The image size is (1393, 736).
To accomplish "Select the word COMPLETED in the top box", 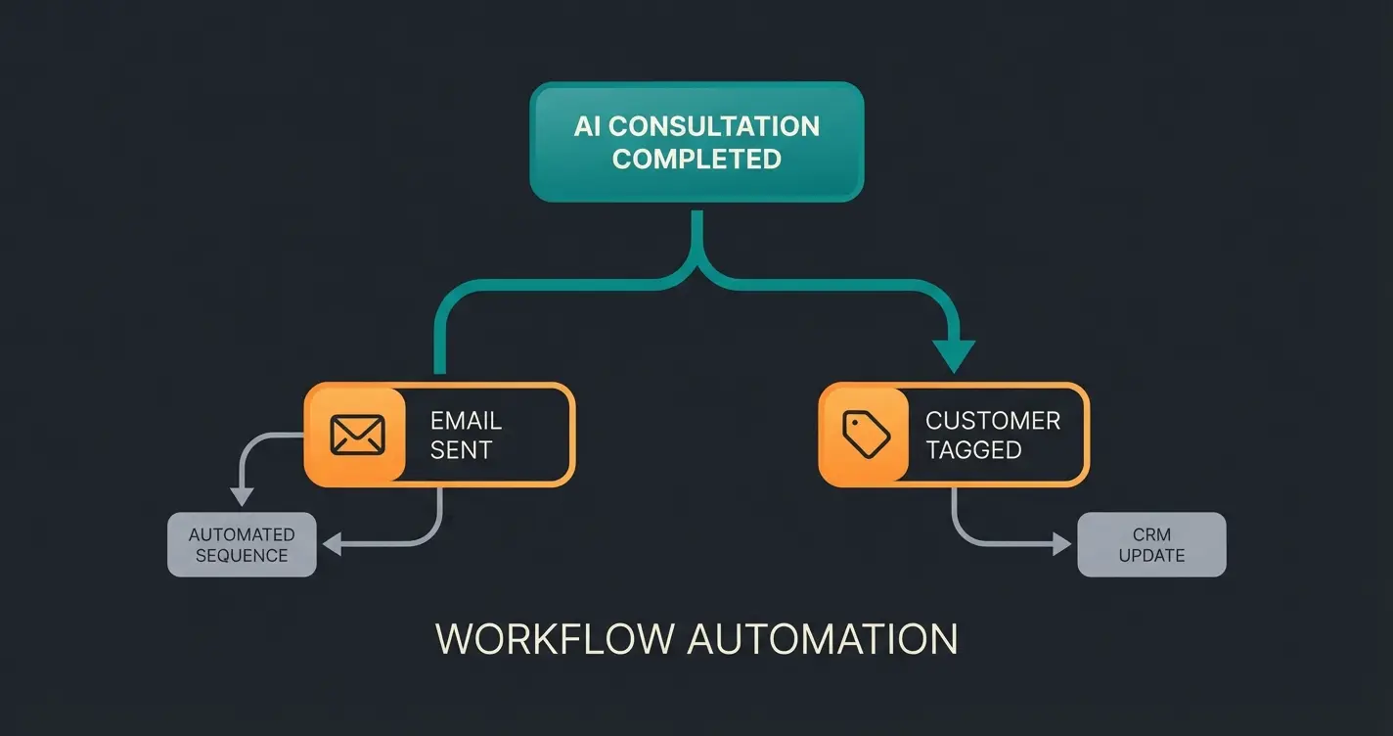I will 696,159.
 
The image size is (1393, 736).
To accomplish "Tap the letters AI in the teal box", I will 587,126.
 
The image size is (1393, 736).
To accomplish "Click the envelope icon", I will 357,435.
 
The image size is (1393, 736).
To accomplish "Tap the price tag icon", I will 867,435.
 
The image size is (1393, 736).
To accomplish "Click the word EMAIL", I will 466,421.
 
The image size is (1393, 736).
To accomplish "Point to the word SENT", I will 461,450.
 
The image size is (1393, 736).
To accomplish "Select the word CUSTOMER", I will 993,421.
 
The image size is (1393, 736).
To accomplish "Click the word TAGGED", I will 973,450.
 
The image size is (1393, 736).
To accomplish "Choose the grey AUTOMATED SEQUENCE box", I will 242,544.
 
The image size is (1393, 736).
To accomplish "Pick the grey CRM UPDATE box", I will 1151,544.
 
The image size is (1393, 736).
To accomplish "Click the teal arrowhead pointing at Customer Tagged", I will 953,354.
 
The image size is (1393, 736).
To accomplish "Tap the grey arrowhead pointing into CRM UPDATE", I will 1062,544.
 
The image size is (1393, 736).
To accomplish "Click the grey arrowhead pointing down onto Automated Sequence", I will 241,497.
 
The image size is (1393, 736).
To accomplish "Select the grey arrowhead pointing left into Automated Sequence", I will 332,544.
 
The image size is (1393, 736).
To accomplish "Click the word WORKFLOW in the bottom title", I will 554,638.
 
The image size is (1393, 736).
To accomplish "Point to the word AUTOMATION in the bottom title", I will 822,638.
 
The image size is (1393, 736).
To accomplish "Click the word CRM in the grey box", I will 1151,534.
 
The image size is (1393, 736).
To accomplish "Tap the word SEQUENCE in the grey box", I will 242,555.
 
